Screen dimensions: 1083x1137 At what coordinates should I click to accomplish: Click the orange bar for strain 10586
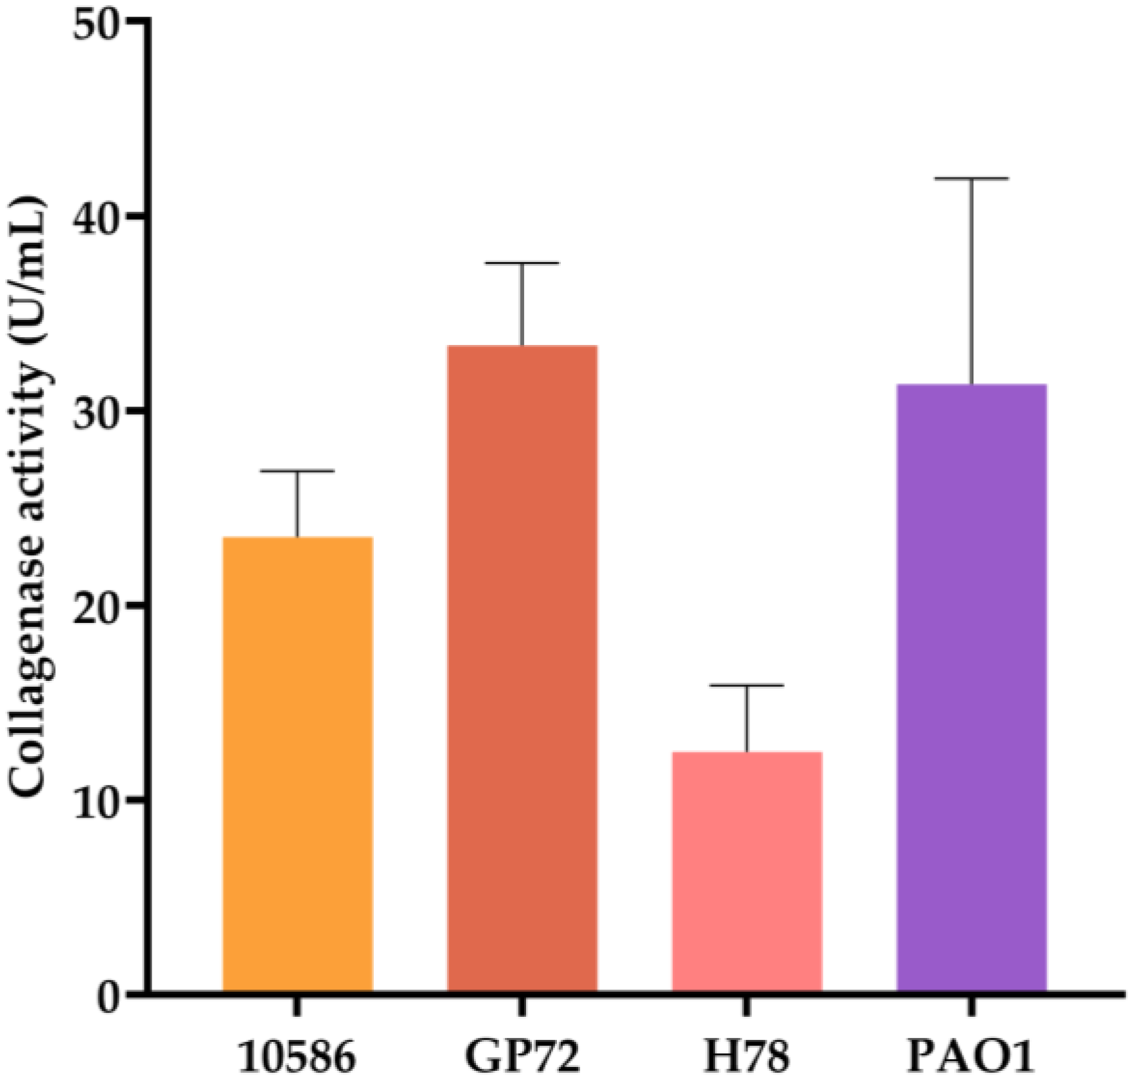tap(297, 764)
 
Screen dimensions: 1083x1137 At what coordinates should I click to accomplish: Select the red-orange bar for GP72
tap(522, 668)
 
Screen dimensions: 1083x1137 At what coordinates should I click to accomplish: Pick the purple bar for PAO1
tap(971, 687)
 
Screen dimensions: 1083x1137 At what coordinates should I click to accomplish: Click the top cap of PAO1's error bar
tap(971, 179)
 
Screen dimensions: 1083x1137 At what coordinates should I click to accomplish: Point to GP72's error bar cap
tap(522, 263)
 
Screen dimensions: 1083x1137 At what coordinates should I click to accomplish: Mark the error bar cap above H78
tap(747, 685)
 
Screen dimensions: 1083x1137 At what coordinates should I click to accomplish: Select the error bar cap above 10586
tap(297, 471)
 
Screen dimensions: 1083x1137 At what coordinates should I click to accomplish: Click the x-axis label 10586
tap(297, 1057)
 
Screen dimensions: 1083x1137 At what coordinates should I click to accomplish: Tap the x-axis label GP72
tap(522, 1057)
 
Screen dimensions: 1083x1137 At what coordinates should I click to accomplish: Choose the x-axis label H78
tap(746, 1057)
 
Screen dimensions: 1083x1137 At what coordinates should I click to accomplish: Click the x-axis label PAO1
tap(971, 1057)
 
